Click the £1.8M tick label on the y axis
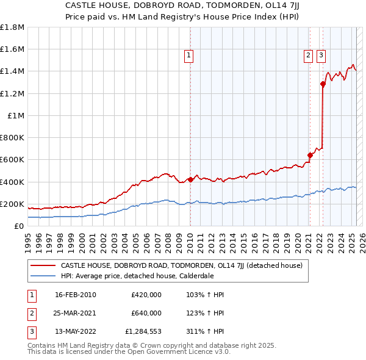(x=12, y=27)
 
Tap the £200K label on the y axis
(x=12, y=204)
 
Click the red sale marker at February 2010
(x=190, y=179)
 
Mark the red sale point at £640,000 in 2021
(x=310, y=155)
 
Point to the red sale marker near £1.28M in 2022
(x=323, y=84)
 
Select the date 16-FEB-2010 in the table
(x=76, y=295)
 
